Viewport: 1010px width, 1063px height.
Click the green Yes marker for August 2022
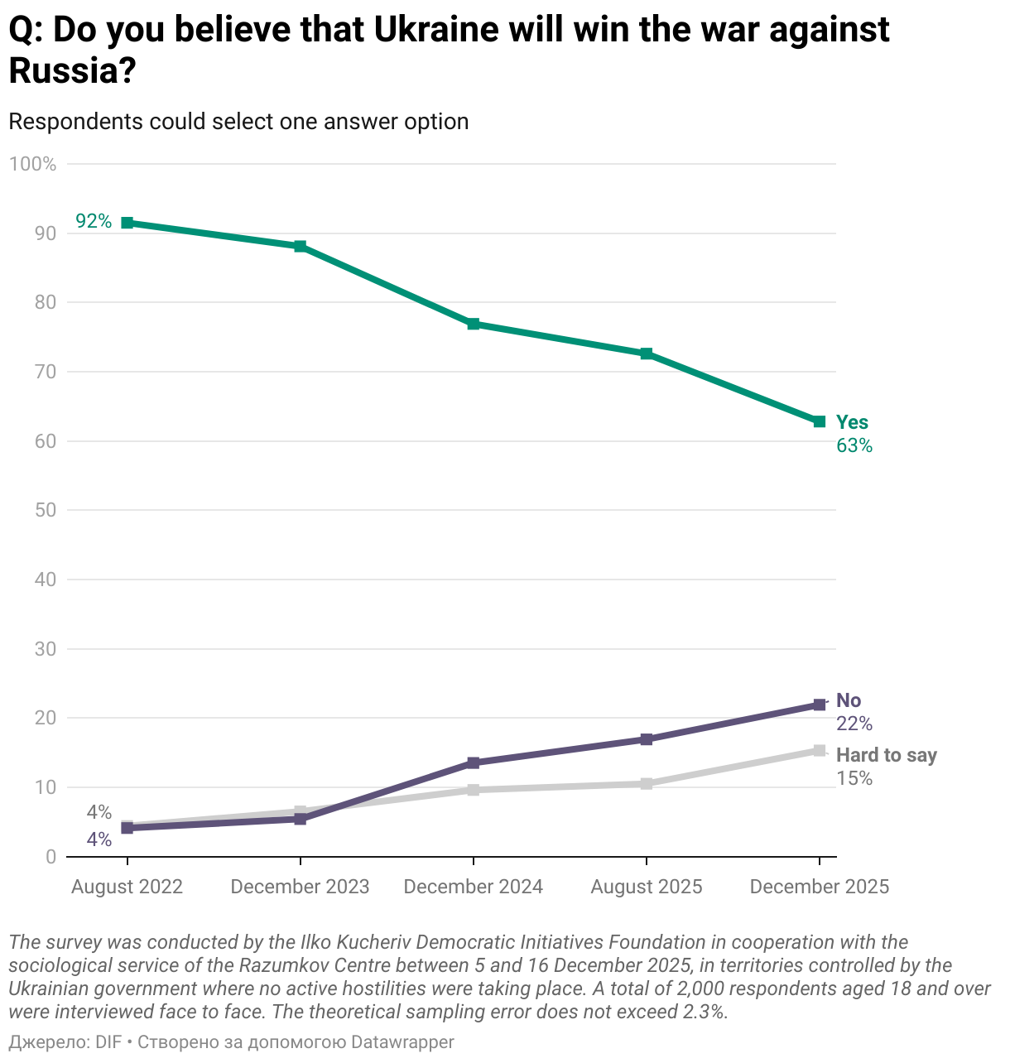pyautogui.click(x=127, y=223)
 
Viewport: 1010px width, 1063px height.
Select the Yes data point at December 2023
pyautogui.click(x=300, y=247)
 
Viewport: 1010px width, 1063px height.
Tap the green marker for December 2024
pyautogui.click(x=473, y=324)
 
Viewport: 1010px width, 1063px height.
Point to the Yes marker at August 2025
pyautogui.click(x=646, y=354)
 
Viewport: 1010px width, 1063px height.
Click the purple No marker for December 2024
pyautogui.click(x=473, y=762)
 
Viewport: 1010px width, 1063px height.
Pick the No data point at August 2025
pyautogui.click(x=646, y=739)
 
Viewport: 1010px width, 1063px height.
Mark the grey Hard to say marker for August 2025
pyautogui.click(x=646, y=783)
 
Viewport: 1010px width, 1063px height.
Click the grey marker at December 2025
pyautogui.click(x=819, y=751)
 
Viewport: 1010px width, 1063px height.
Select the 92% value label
pyautogui.click(x=94, y=221)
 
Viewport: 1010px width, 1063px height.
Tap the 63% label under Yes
pyautogui.click(x=854, y=445)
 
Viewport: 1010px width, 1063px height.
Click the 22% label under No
pyautogui.click(x=854, y=724)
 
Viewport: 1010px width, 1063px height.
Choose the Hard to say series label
pyautogui.click(x=886, y=755)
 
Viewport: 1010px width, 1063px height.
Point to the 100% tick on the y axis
pyautogui.click(x=32, y=164)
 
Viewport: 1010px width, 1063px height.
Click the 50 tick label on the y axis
pyautogui.click(x=46, y=510)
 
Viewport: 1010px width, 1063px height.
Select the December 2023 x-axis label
pyautogui.click(x=300, y=887)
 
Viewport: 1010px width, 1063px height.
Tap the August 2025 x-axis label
pyautogui.click(x=646, y=887)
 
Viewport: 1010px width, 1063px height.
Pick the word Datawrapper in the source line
pyautogui.click(x=402, y=1041)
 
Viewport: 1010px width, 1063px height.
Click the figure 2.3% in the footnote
pyautogui.click(x=703, y=1012)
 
